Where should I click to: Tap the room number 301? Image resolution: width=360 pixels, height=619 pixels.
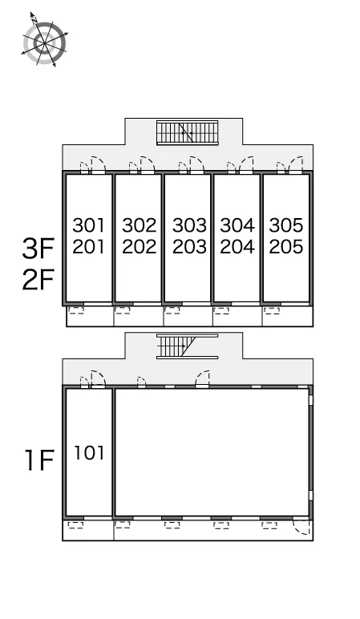tap(89, 225)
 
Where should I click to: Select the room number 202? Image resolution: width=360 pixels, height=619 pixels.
tap(139, 247)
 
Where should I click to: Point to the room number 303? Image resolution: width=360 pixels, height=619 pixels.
tap(189, 225)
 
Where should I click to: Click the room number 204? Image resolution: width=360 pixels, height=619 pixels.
tap(237, 247)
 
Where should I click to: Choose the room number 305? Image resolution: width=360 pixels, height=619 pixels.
tap(286, 225)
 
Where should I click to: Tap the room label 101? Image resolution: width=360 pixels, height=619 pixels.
tap(90, 453)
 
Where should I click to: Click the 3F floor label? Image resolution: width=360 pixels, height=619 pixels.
tap(38, 249)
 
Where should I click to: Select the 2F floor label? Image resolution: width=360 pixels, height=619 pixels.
tap(38, 280)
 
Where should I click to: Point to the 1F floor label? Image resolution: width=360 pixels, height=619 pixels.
tap(39, 460)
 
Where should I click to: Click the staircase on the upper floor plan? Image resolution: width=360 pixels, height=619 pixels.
tap(187, 132)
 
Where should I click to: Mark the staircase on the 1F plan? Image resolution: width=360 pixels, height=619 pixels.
tap(187, 346)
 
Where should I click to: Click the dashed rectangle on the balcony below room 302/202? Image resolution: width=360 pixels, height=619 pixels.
tap(123, 310)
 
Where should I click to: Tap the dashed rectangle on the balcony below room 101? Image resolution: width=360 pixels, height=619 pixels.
tap(76, 525)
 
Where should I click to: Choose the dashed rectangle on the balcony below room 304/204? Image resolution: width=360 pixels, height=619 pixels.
tap(221, 310)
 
